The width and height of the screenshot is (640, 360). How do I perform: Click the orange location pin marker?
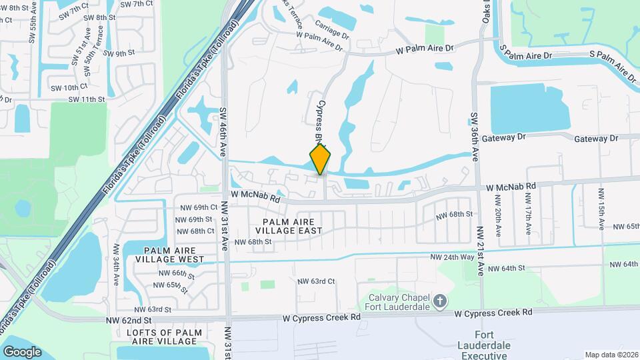click(321, 159)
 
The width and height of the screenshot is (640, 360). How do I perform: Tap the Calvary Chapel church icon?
click(439, 301)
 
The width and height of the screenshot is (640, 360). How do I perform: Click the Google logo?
click(22, 351)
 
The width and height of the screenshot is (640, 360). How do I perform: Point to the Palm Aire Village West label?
click(169, 254)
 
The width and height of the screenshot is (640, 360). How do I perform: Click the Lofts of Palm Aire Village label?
click(169, 337)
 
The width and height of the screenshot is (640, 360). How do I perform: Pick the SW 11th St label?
click(87, 99)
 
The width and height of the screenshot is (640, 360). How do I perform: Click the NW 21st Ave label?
click(480, 251)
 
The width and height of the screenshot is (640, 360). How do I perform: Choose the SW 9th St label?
click(115, 53)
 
